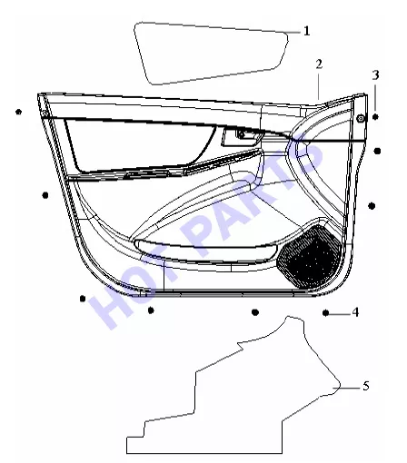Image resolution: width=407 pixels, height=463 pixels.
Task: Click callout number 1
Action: (x=307, y=31)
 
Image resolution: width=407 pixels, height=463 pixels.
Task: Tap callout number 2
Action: (x=319, y=64)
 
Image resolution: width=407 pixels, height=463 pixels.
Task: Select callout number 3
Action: (x=375, y=74)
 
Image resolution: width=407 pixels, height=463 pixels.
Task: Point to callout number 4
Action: (x=355, y=312)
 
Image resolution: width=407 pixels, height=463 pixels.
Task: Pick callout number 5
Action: (x=366, y=386)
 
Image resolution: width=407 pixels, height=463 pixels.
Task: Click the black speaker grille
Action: (x=310, y=256)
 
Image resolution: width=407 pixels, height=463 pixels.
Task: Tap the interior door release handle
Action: (x=243, y=137)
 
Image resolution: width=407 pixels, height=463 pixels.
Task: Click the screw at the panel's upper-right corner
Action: (x=361, y=119)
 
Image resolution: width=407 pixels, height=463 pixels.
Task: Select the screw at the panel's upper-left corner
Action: (x=45, y=113)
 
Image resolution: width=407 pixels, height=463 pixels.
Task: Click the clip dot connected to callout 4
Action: (x=325, y=313)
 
